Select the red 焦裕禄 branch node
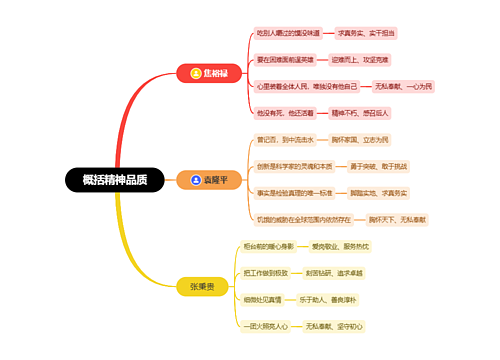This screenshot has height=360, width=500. [209, 73]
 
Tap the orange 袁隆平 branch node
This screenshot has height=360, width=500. [209, 181]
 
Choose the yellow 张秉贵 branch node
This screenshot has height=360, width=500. [208, 286]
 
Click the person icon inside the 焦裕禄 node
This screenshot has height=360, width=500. [195, 73]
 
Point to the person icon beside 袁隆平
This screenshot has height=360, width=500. [195, 181]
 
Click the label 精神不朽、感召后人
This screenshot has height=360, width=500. [370, 113]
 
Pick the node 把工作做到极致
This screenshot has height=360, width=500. [266, 272]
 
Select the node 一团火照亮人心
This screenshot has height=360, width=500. [266, 326]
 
